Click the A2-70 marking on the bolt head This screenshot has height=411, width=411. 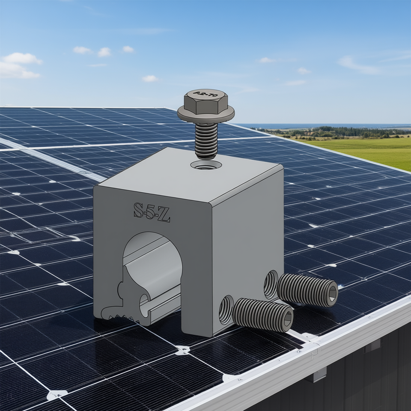pos(205,94)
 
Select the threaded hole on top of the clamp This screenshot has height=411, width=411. pos(206,165)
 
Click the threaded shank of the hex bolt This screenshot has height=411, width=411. pos(206,140)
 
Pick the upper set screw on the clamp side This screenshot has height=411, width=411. pos(307,290)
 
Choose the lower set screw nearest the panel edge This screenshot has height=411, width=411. pos(263,315)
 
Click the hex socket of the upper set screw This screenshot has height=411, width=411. pos(333,293)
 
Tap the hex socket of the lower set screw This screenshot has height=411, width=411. pos(288,319)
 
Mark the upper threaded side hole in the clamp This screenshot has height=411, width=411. pos(271,284)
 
